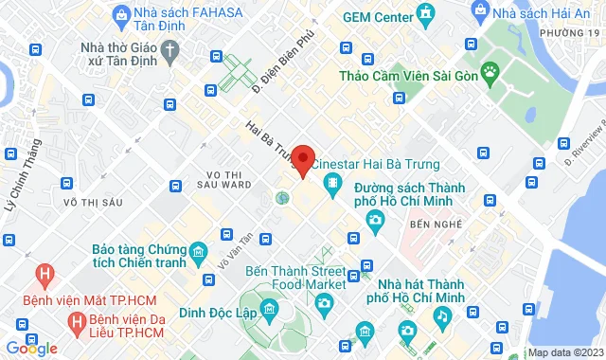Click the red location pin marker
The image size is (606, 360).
pyautogui.click(x=303, y=159)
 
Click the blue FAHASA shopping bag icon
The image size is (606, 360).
pyautogui.click(x=120, y=14)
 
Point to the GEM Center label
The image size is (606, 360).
pyautogui.click(x=378, y=17)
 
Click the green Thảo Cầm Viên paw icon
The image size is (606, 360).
pyautogui.click(x=490, y=71)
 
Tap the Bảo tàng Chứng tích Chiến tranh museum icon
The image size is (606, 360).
pyautogui.click(x=198, y=252)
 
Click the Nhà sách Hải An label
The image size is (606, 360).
pyautogui.click(x=535, y=13)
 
